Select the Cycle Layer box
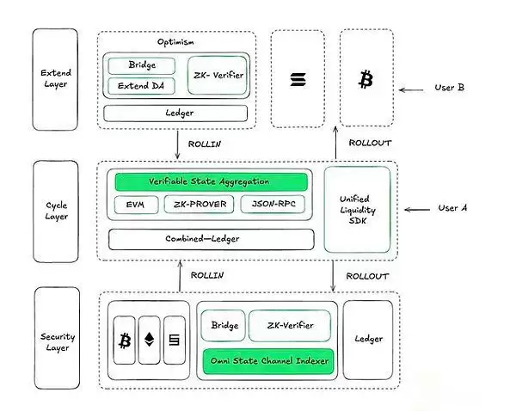tap(55, 211)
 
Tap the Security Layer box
tap(55, 339)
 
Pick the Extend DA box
tap(140, 86)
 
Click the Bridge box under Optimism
tap(140, 66)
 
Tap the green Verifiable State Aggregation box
tap(209, 181)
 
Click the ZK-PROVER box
tap(200, 205)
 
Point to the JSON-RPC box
tap(273, 205)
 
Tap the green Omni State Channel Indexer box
tap(267, 361)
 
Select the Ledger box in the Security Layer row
tap(369, 339)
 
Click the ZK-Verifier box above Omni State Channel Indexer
tap(288, 327)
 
